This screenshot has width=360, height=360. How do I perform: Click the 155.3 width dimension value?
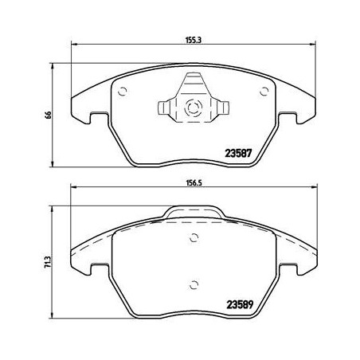pyautogui.click(x=194, y=40)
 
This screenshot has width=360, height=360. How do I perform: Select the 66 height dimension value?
pyautogui.click(x=48, y=115)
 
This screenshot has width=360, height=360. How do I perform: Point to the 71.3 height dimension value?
pyautogui.click(x=48, y=262)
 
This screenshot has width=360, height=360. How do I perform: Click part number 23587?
pyautogui.click(x=238, y=153)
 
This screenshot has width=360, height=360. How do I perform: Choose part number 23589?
pyautogui.click(x=240, y=304)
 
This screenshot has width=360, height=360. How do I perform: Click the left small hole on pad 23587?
pyautogui.click(x=123, y=92)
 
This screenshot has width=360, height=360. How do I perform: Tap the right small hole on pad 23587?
pyautogui.click(x=264, y=92)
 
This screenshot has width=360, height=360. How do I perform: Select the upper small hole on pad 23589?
pyautogui.click(x=194, y=237)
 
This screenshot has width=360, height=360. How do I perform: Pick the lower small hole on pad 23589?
pyautogui.click(x=194, y=285)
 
